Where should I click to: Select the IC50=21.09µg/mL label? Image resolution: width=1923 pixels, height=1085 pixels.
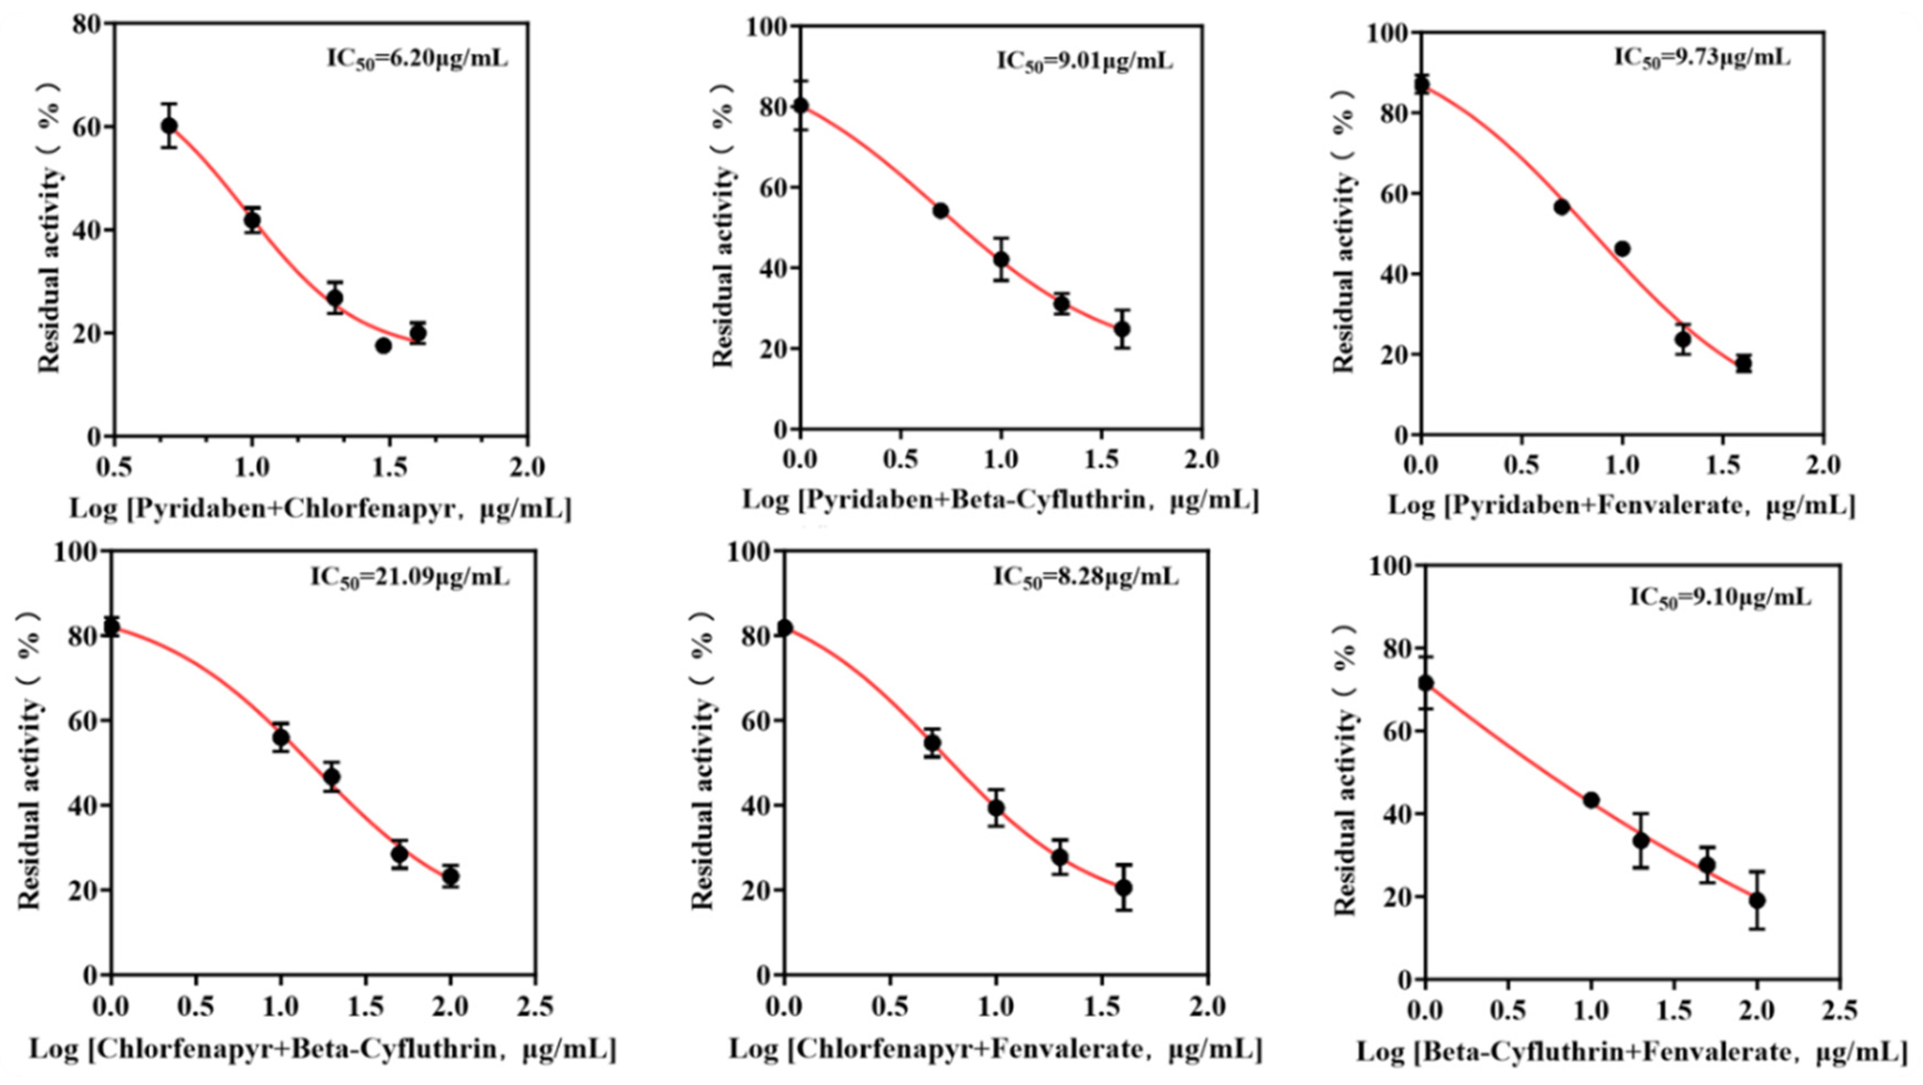pos(410,577)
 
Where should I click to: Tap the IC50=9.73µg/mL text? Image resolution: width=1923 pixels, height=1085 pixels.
pos(1702,57)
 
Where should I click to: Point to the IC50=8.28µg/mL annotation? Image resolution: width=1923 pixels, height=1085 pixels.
pos(1085,577)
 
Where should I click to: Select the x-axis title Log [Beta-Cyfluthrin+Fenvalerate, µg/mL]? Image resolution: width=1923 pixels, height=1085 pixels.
pos(1632,1052)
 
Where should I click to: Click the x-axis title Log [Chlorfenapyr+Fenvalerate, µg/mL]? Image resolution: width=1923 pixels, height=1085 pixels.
pos(995,1049)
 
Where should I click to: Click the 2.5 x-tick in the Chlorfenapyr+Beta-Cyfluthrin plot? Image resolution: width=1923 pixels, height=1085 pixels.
pos(534,1007)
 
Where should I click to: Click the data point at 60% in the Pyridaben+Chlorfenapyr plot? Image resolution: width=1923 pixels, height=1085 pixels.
pos(169,126)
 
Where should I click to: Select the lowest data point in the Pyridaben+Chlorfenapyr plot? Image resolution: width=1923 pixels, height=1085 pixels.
pos(384,346)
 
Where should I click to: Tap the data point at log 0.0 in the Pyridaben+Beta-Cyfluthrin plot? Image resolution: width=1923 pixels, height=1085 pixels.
pos(800,106)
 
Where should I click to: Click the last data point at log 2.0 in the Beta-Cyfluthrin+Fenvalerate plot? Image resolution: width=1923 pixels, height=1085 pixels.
pos(1757,900)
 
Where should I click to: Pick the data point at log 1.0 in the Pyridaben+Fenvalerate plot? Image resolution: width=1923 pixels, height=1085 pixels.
pos(1622,249)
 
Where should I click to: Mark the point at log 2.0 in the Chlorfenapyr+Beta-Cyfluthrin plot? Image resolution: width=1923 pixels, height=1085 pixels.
pos(450,876)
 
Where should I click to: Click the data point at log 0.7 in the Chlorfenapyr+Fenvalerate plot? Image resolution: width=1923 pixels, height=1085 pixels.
pos(933,743)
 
